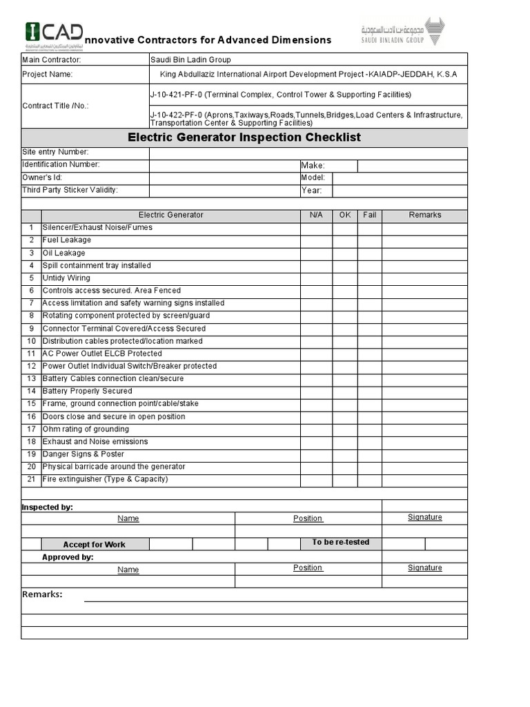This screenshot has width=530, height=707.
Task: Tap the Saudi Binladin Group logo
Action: point(403,32)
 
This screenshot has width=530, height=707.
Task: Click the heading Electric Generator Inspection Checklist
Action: point(244,137)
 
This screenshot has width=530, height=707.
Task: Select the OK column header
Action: point(345,215)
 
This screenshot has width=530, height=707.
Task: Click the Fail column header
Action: point(370,215)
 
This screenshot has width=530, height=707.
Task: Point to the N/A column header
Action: point(316,215)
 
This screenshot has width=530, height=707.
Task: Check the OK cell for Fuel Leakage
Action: point(345,240)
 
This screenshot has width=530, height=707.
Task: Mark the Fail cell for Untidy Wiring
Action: point(370,278)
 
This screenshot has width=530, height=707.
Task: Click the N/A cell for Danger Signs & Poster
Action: point(316,454)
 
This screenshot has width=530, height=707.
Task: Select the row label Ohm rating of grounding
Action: point(86,429)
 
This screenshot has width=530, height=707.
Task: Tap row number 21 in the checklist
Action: point(31,479)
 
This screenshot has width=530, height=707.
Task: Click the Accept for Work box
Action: point(94,545)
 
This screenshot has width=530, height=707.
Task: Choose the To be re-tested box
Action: point(341,543)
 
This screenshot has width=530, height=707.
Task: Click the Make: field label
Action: point(313,166)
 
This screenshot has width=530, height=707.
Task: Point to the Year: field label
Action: point(312,191)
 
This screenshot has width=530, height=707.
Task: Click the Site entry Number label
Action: point(55,152)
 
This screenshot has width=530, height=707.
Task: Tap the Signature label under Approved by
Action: point(424,568)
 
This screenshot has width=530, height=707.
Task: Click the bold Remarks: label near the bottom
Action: point(42,594)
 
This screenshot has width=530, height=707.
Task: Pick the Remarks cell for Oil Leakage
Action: point(424,253)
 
